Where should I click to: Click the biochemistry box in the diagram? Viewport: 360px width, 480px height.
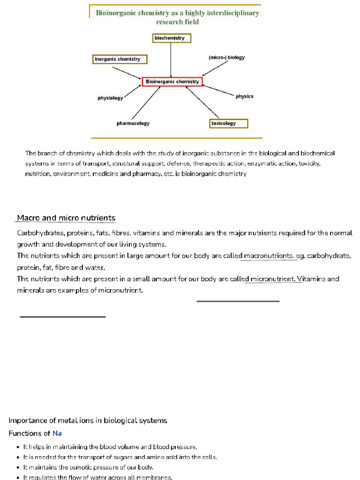(x=172, y=38)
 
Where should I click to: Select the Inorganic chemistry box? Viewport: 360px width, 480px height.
(x=120, y=59)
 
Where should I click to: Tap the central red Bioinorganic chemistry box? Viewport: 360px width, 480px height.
(x=172, y=82)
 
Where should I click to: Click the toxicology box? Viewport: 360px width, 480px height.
(x=228, y=123)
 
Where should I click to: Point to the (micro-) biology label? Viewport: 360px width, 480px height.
(x=226, y=58)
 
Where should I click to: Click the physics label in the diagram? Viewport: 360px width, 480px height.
(x=244, y=96)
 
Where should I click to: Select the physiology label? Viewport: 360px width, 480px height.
(x=110, y=98)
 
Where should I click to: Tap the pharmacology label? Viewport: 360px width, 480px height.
(x=133, y=123)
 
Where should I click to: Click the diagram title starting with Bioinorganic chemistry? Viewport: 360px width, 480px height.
(x=177, y=17)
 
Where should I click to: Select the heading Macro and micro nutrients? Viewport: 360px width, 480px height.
(x=66, y=218)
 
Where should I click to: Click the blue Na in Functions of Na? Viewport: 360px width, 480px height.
(x=57, y=433)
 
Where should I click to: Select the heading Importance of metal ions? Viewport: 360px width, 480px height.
(x=88, y=420)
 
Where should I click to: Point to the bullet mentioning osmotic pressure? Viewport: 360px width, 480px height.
(x=88, y=467)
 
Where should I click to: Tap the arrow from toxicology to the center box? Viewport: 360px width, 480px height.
(x=202, y=102)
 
